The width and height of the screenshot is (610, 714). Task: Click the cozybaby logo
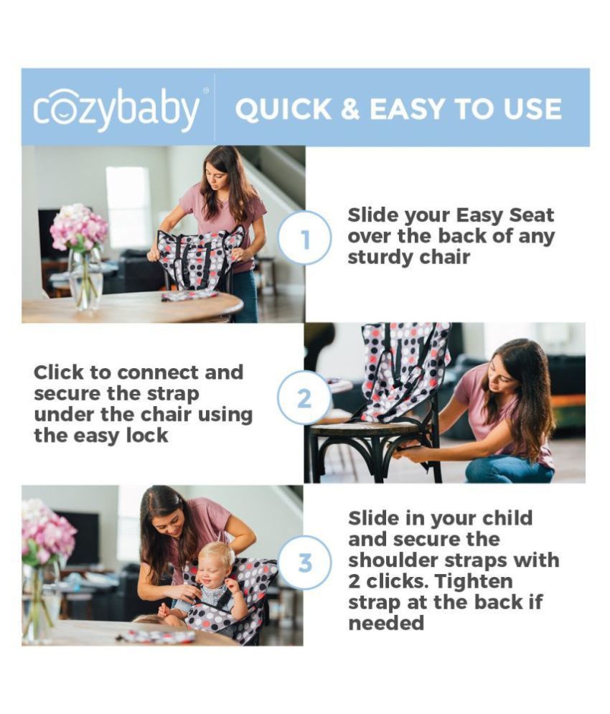[116, 109]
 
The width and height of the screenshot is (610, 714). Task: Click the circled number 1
[304, 239]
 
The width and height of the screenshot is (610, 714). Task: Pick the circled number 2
[304, 398]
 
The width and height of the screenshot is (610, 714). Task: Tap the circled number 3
[304, 563]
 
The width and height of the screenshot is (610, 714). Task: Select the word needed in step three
[386, 622]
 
